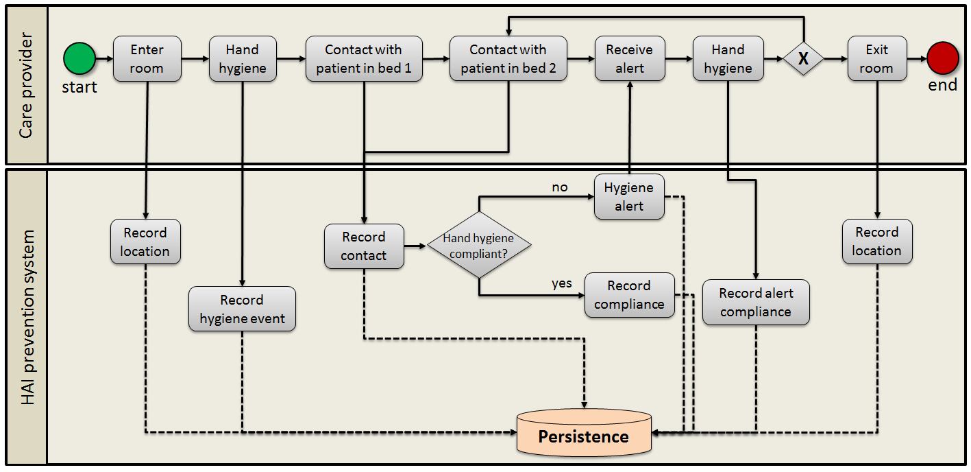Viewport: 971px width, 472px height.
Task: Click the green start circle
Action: point(79,58)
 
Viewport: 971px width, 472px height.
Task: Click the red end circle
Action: point(943,58)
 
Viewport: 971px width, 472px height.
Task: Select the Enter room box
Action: point(147,58)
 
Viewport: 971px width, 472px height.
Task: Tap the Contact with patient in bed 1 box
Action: point(364,58)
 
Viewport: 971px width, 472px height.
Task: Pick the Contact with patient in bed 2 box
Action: point(508,58)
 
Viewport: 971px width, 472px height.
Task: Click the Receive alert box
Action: point(630,58)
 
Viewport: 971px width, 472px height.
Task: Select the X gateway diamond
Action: point(803,58)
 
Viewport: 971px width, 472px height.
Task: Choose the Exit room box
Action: point(877,58)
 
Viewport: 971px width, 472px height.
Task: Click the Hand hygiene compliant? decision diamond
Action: point(479,245)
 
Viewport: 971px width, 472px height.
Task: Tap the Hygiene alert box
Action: point(629,196)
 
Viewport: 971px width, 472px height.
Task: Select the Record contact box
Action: point(364,246)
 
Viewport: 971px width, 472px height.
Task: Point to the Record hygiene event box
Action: point(242,309)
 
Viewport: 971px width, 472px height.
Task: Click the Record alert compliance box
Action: point(756,302)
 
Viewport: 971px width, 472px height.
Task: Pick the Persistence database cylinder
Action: point(584,432)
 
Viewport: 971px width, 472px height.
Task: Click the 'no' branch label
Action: point(560,187)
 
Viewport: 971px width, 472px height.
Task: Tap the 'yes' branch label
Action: point(562,283)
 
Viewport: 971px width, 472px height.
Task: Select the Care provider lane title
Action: point(26,86)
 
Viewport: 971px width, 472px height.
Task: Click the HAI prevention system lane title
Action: point(27,317)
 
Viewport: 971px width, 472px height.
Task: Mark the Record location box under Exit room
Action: point(877,241)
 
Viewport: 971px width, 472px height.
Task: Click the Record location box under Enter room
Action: point(145,241)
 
